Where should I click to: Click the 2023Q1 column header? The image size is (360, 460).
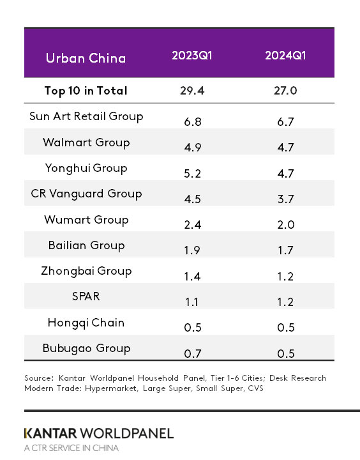point(191,56)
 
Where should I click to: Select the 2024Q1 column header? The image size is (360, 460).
point(285,56)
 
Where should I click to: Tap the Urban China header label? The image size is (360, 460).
point(86,58)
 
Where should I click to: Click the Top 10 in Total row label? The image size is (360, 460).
point(86,91)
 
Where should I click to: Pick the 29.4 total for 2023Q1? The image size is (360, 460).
point(191,91)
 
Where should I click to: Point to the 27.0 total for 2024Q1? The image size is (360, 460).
point(285,91)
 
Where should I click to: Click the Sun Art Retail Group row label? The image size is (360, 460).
point(86,116)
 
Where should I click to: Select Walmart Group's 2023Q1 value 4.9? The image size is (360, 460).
point(191,147)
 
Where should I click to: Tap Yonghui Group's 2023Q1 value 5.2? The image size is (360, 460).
point(191,173)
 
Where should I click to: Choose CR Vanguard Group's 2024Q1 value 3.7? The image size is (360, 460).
point(285,199)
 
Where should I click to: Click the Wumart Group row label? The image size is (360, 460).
point(86,220)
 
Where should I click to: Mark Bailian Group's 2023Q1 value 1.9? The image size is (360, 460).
point(191,250)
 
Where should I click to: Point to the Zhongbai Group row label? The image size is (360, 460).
point(86,271)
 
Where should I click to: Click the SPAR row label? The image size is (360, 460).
point(86,297)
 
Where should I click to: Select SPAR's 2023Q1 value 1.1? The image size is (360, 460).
point(191,302)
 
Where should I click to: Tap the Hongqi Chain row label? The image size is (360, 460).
point(86,323)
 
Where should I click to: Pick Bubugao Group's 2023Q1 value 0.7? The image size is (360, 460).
point(191,353)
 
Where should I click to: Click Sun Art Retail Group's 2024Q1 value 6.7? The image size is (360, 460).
point(285,121)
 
